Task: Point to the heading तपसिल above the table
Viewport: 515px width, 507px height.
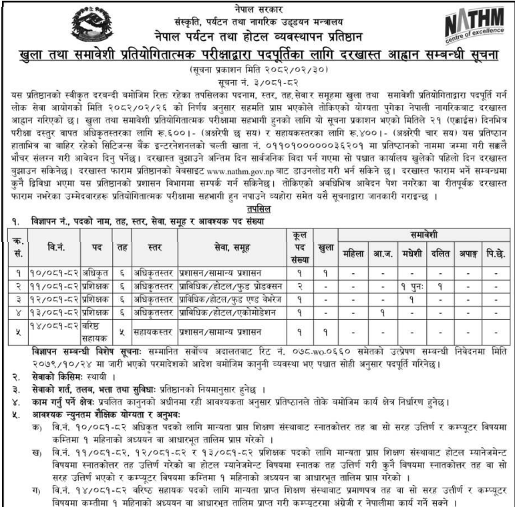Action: tap(258, 209)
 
